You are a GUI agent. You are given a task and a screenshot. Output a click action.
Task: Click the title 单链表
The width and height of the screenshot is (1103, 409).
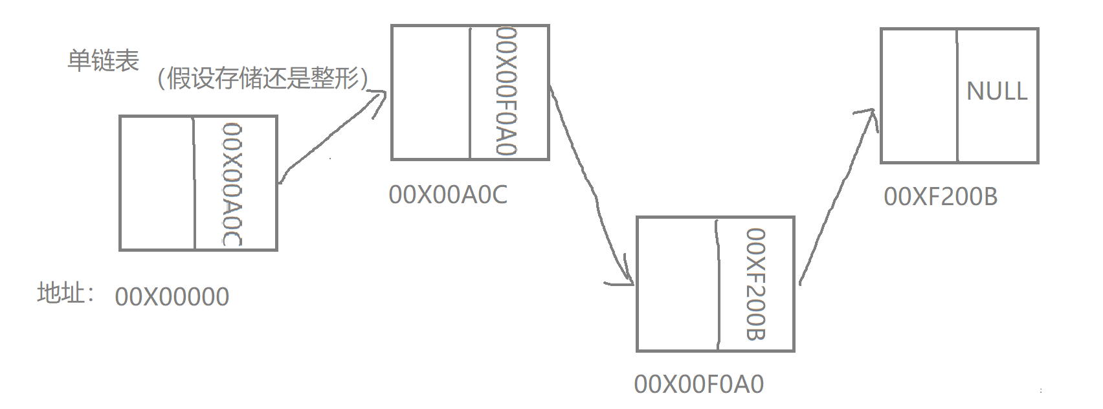click(x=104, y=61)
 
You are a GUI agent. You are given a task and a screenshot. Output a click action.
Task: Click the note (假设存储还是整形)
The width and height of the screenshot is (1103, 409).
click(x=263, y=79)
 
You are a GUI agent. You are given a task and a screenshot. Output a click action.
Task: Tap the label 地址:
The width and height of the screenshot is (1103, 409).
click(x=65, y=293)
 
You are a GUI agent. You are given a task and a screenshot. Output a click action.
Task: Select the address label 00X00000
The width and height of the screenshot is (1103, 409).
click(x=172, y=297)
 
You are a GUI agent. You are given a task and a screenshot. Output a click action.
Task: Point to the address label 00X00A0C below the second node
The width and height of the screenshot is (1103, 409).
click(x=448, y=195)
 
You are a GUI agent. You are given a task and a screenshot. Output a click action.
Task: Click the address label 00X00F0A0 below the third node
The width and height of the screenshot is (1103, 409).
click(x=699, y=384)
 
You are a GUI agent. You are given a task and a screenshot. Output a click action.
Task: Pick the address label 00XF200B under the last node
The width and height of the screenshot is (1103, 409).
click(x=941, y=197)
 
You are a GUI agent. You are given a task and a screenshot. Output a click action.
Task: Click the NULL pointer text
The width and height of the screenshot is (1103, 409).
click(x=997, y=91)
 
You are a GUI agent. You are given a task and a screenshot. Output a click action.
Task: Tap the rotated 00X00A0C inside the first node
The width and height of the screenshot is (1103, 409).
click(x=232, y=184)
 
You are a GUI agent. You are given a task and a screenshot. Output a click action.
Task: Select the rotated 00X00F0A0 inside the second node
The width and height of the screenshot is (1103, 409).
click(x=506, y=91)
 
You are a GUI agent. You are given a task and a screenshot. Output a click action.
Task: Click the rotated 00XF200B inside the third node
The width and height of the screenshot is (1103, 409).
click(x=755, y=284)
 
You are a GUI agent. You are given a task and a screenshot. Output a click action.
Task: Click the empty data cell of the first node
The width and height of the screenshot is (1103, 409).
click(x=157, y=183)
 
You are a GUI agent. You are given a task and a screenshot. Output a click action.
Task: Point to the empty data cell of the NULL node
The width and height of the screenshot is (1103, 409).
click(x=919, y=95)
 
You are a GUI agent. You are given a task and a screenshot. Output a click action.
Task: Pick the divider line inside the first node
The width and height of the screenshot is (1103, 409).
click(x=195, y=183)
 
